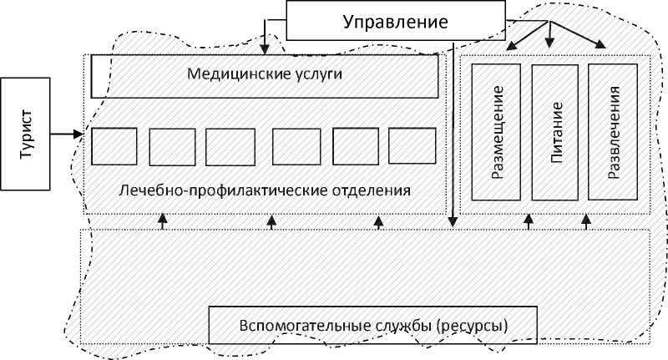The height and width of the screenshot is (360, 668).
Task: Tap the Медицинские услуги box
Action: (265, 76)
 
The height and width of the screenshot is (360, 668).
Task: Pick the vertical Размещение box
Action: (496, 131)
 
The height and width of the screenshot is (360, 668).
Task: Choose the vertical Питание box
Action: (554, 131)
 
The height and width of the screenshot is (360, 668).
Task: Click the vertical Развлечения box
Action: (613, 131)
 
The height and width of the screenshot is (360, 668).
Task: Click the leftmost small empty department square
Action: (114, 146)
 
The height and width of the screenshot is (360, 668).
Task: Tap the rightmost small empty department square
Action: (412, 146)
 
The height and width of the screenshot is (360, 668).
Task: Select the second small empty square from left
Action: (172, 146)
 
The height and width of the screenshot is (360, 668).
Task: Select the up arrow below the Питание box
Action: (528, 221)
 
